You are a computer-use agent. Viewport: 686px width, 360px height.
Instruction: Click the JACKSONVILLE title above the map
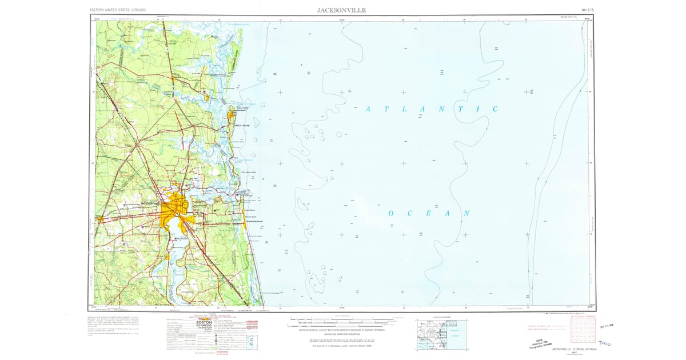tap(342, 10)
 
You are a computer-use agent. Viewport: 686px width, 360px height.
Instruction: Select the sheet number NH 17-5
tap(588, 10)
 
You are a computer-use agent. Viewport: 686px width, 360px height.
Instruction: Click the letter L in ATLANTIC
tap(404, 109)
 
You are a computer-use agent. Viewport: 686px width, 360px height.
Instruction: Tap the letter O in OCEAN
tap(392, 213)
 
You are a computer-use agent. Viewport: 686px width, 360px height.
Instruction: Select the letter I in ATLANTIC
tap(474, 109)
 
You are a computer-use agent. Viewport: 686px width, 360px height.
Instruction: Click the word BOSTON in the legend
tap(204, 323)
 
